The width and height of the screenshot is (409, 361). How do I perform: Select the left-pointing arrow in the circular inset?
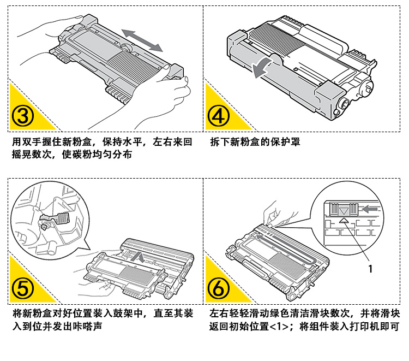[x=370, y=208]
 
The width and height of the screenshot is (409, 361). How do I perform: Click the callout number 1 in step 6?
[x=370, y=269]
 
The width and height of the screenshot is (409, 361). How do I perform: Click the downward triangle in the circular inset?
[x=344, y=210]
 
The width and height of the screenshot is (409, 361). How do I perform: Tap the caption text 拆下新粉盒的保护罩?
[x=255, y=143]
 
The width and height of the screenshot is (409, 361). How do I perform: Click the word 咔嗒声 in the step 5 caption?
[x=88, y=327]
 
